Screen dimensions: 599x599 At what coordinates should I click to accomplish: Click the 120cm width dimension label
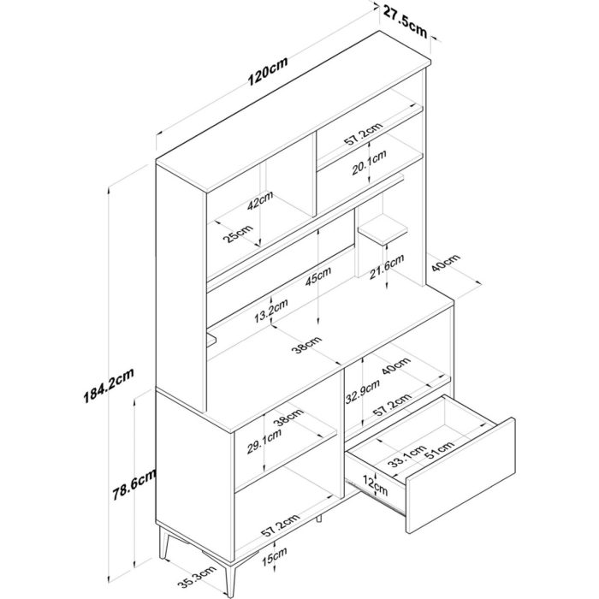[267, 71]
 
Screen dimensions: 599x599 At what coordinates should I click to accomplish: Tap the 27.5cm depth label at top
[405, 22]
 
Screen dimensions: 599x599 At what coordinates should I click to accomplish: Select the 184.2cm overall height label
[109, 385]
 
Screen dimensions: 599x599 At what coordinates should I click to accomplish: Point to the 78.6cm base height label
[134, 483]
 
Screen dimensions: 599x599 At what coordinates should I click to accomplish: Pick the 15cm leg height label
[275, 556]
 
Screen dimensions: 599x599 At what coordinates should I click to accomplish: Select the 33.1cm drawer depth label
[406, 456]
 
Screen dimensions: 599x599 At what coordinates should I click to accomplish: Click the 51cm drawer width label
[440, 449]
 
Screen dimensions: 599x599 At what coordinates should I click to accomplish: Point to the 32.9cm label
[363, 391]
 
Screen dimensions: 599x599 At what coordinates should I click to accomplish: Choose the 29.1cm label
[264, 442]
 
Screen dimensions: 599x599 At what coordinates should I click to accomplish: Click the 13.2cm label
[271, 311]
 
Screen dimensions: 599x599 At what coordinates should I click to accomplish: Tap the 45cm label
[317, 276]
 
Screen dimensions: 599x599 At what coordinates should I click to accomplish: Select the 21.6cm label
[387, 266]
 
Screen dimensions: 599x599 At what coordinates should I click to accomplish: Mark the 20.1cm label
[369, 163]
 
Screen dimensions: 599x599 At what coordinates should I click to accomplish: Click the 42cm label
[260, 199]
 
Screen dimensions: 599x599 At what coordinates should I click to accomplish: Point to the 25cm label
[238, 234]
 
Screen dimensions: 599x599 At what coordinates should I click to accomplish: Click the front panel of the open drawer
[460, 475]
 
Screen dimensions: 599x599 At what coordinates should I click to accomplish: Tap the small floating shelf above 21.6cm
[383, 229]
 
